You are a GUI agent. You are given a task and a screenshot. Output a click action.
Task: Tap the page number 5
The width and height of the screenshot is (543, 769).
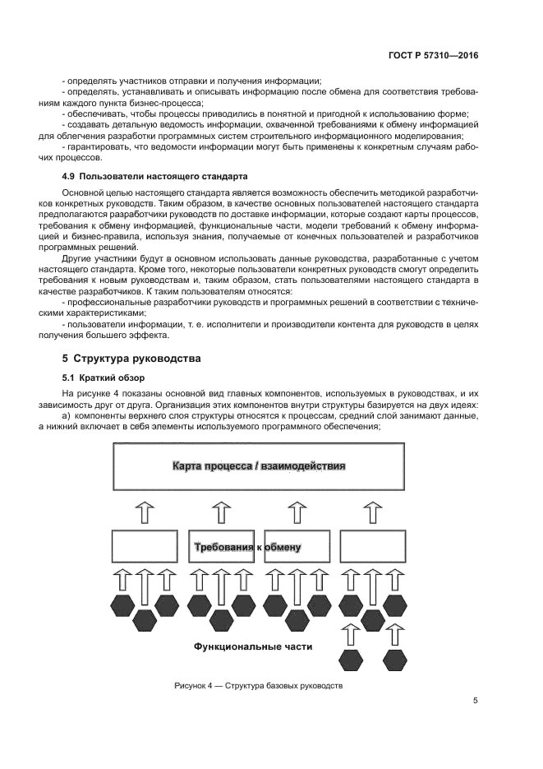click(475, 701)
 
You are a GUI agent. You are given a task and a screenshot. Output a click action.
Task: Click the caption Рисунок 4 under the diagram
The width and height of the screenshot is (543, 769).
click(258, 685)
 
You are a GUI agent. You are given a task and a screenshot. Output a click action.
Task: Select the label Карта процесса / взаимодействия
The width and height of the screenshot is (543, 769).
click(258, 466)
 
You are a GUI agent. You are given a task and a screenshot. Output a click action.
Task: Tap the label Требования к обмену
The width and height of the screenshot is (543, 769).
click(246, 547)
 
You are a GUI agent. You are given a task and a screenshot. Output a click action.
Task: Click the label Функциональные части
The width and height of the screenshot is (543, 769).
click(253, 646)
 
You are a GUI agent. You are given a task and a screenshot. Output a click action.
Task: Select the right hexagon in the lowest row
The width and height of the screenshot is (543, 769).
click(394, 660)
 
